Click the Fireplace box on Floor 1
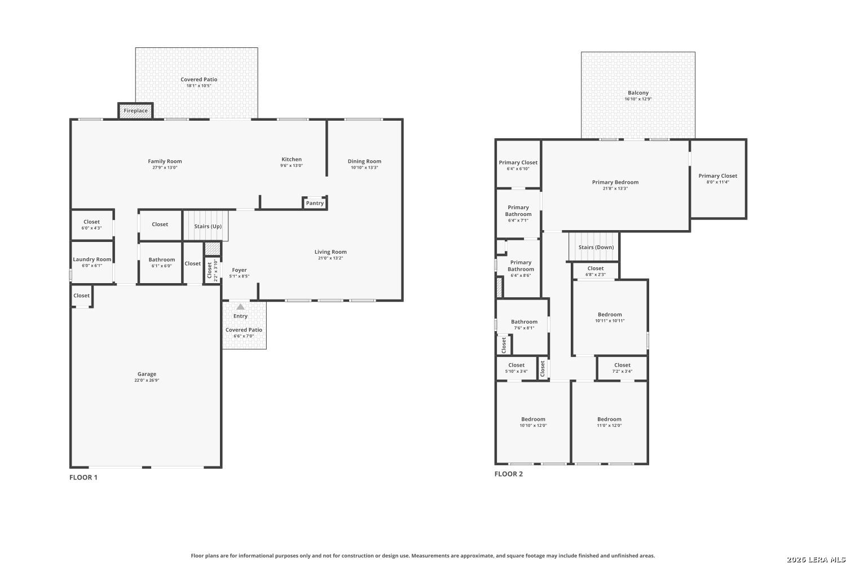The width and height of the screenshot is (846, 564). click(135, 111)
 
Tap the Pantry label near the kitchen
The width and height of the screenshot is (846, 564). click(315, 203)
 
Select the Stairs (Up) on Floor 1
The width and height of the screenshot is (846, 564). click(206, 226)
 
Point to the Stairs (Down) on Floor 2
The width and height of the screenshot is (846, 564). click(594, 246)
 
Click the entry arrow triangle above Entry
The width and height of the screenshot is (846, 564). click(240, 307)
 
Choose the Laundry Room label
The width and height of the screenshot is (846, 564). click(92, 259)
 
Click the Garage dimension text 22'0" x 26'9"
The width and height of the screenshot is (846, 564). click(147, 380)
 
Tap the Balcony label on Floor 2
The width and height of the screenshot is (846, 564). click(638, 92)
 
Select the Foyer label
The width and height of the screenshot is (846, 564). click(239, 270)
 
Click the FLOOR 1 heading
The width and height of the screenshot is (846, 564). click(83, 477)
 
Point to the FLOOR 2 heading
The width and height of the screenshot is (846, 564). click(508, 474)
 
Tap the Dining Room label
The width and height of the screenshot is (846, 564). click(364, 161)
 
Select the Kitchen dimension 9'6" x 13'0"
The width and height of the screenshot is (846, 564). click(291, 165)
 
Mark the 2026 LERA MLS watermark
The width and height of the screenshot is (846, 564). click(816, 559)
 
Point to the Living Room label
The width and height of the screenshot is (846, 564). click(330, 252)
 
